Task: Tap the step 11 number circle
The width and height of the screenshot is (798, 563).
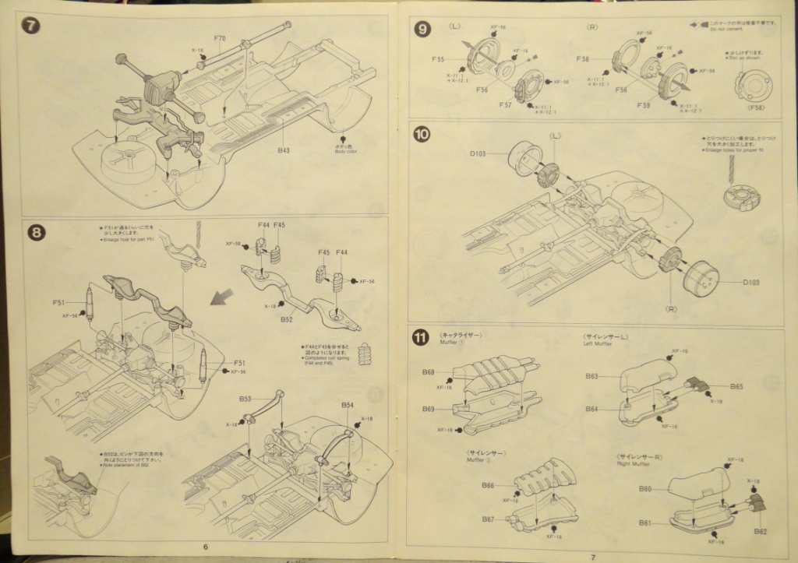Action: click(x=420, y=337)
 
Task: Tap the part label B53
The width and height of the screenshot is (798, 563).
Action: click(x=245, y=399)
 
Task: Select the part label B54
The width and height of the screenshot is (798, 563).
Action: click(x=348, y=405)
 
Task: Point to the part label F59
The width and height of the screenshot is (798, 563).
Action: click(x=643, y=104)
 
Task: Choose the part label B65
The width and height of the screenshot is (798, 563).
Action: click(x=736, y=385)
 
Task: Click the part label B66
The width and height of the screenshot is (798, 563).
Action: click(x=487, y=485)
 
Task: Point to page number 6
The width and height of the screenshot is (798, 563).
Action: click(x=206, y=546)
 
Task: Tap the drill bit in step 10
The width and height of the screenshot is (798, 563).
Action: click(x=733, y=167)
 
